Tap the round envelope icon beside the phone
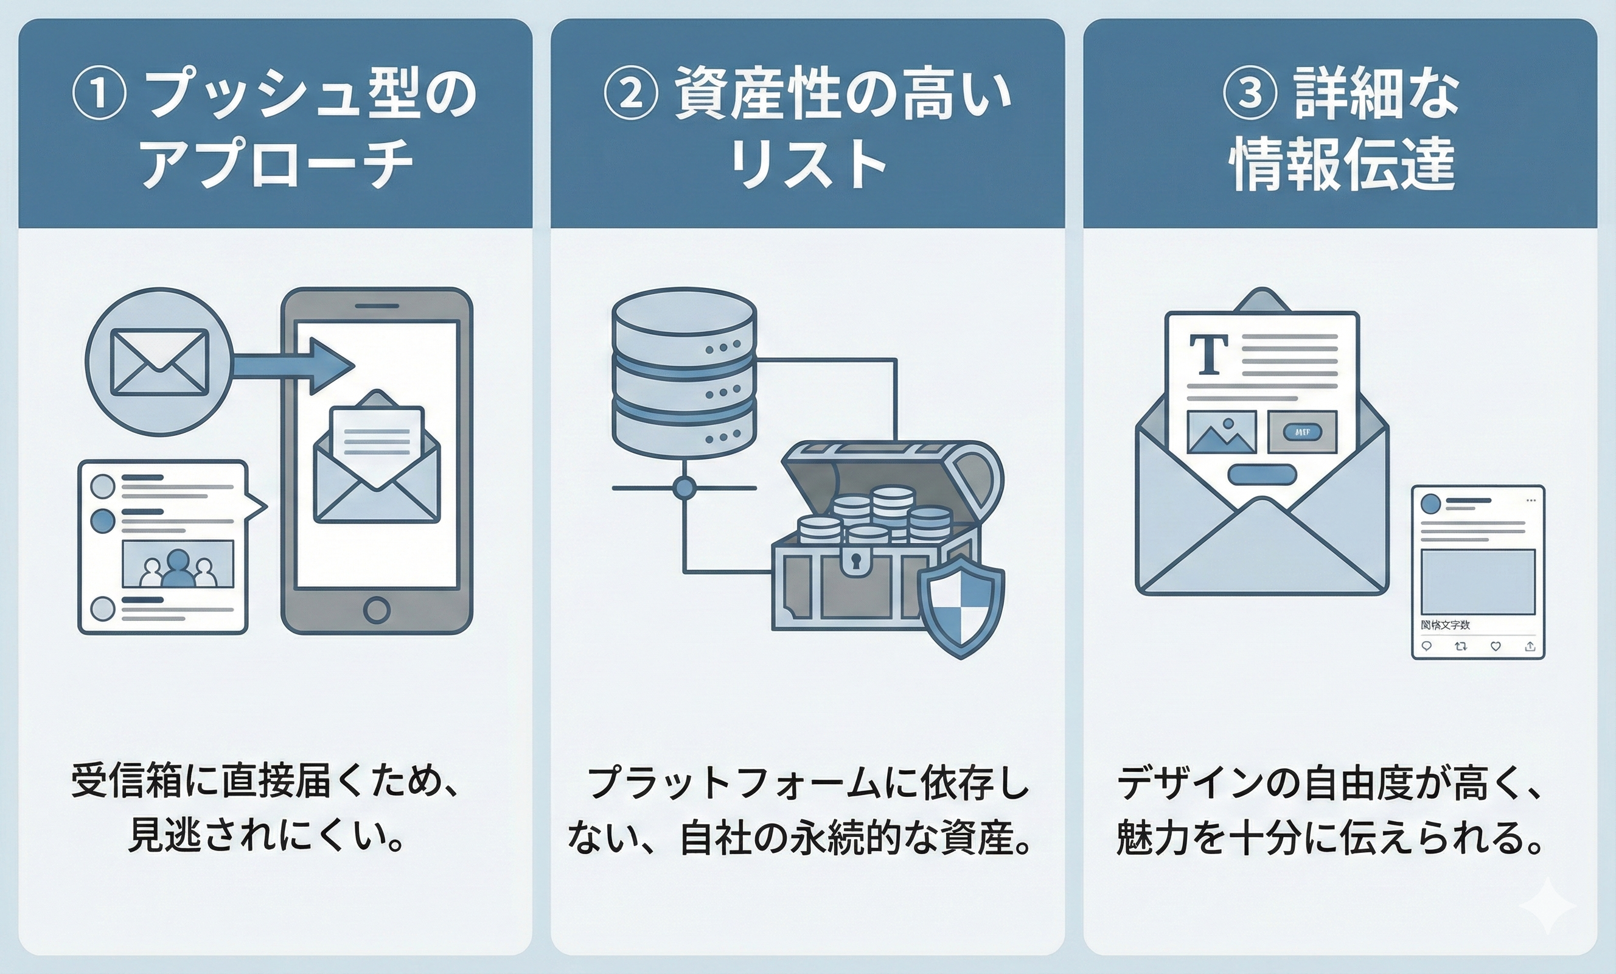[159, 362]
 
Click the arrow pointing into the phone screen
[295, 366]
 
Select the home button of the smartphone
[377, 610]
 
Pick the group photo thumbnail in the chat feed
[178, 564]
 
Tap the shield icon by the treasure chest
[961, 606]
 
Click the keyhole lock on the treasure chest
[856, 562]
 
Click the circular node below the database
[684, 488]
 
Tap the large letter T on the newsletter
[1209, 354]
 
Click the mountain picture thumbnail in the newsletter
[1222, 431]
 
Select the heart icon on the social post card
[1496, 646]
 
